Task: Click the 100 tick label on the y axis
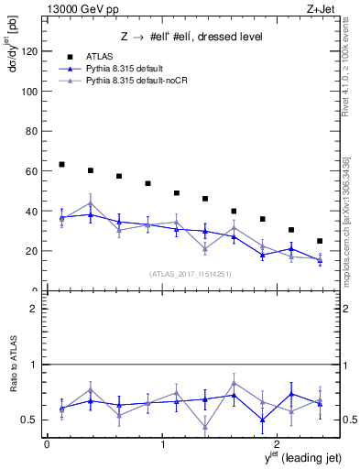point(29,92)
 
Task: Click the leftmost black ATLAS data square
point(61,165)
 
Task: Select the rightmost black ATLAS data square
point(320,241)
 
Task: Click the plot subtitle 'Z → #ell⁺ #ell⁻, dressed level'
point(191,37)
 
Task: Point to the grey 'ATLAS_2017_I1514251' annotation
point(191,273)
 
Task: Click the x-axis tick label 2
point(278,444)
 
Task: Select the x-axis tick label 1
point(163,444)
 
